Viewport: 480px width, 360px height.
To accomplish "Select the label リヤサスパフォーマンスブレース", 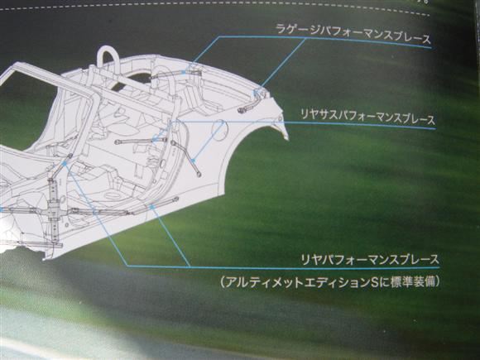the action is click(367, 117).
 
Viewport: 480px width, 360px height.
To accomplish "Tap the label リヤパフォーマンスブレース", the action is click(370, 260).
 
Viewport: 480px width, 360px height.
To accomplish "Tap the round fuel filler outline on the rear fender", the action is click(220, 130).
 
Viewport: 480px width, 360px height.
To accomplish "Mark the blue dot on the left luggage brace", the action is click(184, 73).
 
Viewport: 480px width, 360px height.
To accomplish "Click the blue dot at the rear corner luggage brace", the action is click(254, 91).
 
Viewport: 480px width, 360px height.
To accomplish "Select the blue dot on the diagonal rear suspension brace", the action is click(193, 161).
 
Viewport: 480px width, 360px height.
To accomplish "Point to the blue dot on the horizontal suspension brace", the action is click(153, 141).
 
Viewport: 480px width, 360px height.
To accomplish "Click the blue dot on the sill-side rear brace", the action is click(151, 206).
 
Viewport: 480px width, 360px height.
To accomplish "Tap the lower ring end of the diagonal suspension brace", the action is click(199, 175).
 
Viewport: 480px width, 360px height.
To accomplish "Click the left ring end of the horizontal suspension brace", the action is click(117, 142).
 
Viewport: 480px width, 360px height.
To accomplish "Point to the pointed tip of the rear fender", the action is click(288, 140).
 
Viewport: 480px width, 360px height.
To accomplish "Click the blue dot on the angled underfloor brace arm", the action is click(65, 164).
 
